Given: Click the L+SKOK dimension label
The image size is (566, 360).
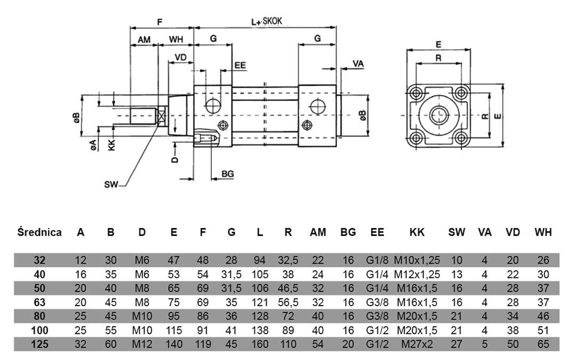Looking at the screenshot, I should click(x=266, y=22).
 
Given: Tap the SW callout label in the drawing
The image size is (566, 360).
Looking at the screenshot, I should click(x=111, y=185).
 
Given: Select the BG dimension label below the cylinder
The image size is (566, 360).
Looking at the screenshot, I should click(x=228, y=174).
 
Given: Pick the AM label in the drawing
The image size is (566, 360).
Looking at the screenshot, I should click(x=144, y=39).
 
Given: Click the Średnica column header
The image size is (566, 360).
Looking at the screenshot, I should click(x=39, y=233).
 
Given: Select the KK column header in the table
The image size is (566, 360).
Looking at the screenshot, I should click(x=417, y=233).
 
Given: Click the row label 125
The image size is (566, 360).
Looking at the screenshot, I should click(x=39, y=344).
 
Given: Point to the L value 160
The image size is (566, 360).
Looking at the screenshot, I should click(x=260, y=344).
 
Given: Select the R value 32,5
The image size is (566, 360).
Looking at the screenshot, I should click(x=288, y=261).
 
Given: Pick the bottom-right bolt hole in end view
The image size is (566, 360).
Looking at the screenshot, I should click(x=461, y=138).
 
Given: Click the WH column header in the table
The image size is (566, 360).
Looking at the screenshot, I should click(x=542, y=233).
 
